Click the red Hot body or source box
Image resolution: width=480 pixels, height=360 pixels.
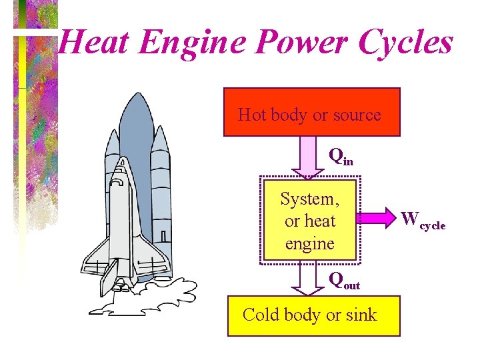311,112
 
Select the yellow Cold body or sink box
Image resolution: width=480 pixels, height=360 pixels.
313,315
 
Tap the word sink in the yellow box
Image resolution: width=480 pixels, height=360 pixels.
361,315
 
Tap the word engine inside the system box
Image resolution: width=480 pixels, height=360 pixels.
309,243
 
